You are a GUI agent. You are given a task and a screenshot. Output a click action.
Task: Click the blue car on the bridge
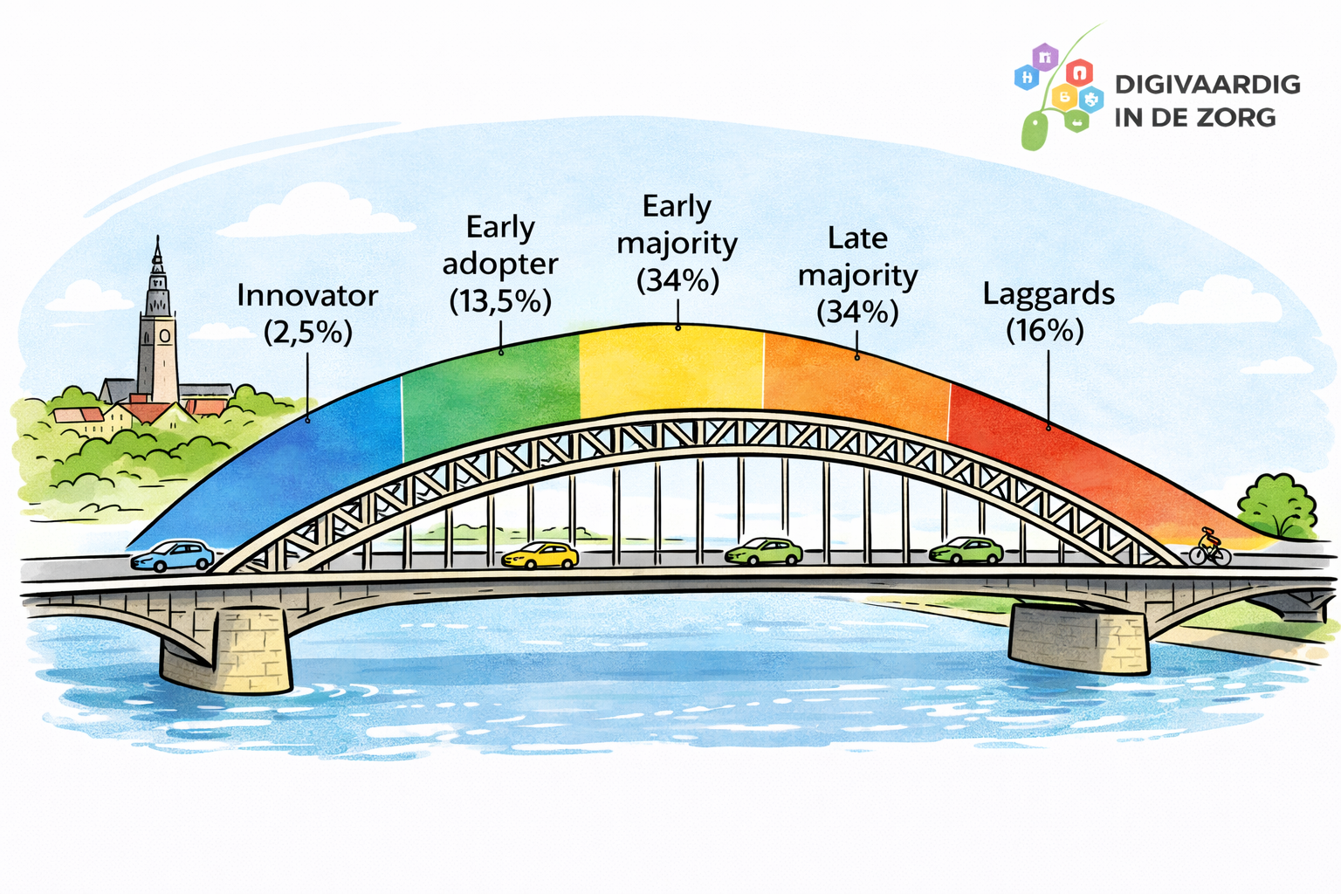pos(174,555)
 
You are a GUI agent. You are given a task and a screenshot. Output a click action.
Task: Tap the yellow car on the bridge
pos(540,555)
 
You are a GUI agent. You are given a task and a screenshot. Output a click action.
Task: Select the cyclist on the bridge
pos(1210,547)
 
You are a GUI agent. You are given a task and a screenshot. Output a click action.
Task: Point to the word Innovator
pos(307,296)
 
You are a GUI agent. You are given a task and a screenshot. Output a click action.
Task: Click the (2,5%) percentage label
pos(308,333)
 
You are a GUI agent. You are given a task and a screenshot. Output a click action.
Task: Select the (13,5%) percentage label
pos(500,301)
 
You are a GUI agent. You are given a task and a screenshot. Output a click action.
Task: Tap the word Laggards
pos(1049,294)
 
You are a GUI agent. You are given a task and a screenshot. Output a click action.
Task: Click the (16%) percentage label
pos(1045,331)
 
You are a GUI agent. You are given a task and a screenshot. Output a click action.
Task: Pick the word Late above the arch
pos(857,238)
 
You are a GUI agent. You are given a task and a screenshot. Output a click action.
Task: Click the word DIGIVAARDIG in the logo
pos(1207,85)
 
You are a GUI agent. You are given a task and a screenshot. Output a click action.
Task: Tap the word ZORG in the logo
pos(1238,117)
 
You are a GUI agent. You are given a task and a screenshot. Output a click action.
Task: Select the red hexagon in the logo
pos(1080,72)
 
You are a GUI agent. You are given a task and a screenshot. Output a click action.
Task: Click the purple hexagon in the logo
pos(1045,58)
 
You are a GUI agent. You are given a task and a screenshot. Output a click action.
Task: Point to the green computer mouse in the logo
pos(1035,131)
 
